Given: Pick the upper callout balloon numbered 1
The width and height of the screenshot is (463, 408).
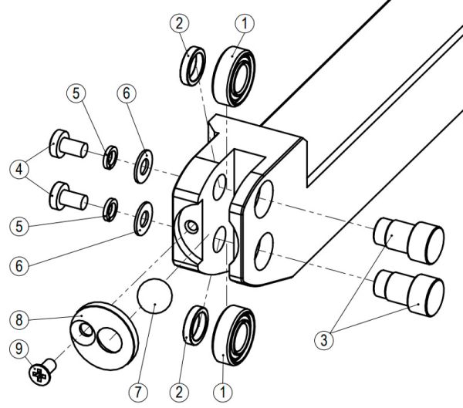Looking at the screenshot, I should (245, 24).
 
